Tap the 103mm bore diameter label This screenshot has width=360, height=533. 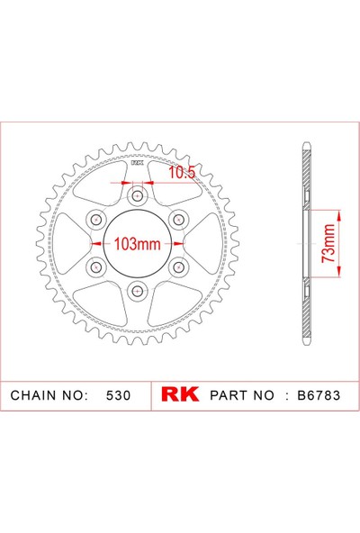(x=137, y=243)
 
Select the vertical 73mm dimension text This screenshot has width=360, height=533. (x=329, y=243)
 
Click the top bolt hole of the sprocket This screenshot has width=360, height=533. (x=137, y=197)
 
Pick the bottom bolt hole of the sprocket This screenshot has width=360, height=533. (x=137, y=289)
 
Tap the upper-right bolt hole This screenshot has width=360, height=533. (x=176, y=220)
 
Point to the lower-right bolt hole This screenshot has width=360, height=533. (x=176, y=266)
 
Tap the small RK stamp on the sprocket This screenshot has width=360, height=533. (x=137, y=164)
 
